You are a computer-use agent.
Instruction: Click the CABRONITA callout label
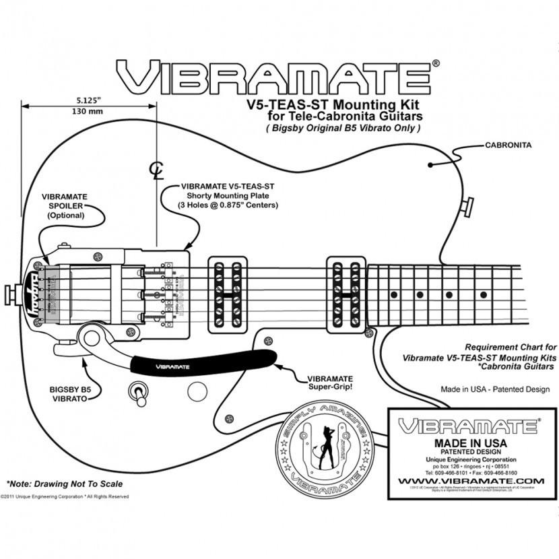[x=508, y=145]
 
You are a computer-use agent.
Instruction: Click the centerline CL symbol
[x=156, y=168]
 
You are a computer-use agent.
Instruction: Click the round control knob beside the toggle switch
[x=197, y=390]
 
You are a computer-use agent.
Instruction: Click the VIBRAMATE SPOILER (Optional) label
[x=65, y=205]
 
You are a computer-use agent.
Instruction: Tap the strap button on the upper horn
[x=467, y=207]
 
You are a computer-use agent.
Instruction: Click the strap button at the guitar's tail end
[x=11, y=294]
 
